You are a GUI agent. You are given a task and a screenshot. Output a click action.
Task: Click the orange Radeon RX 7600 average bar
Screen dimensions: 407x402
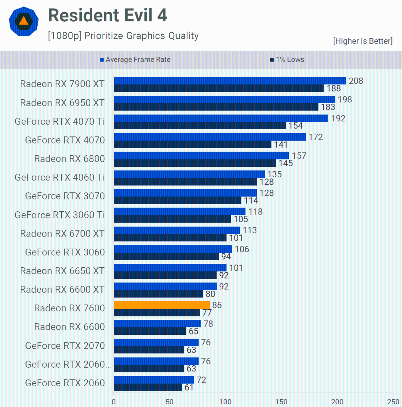(x=162, y=305)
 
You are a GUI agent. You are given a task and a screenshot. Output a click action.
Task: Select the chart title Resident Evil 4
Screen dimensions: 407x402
(x=108, y=15)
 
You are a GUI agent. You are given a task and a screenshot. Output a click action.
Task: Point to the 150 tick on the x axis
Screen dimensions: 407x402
(x=281, y=402)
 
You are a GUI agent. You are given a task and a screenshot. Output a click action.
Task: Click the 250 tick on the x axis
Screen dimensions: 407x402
(x=393, y=402)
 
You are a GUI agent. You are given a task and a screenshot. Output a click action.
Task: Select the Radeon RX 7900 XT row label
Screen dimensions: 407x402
(x=62, y=84)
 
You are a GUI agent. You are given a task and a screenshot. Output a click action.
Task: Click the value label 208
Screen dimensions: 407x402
(x=356, y=81)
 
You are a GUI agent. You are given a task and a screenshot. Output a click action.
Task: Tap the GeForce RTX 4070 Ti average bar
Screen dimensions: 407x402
(x=221, y=118)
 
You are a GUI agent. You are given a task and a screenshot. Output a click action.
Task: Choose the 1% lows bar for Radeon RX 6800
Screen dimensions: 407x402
(x=195, y=163)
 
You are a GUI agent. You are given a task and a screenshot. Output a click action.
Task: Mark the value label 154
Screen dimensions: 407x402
(x=295, y=126)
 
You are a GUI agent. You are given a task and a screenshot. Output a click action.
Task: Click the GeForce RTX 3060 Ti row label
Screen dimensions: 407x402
(x=60, y=215)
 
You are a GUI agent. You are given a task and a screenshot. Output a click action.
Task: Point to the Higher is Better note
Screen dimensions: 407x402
(x=363, y=41)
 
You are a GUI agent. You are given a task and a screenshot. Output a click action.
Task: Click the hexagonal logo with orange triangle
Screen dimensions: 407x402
(x=23, y=21)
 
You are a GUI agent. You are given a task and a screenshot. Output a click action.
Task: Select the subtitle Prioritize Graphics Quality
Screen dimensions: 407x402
(x=123, y=36)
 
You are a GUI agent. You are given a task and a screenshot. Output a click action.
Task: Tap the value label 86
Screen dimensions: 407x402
(x=217, y=305)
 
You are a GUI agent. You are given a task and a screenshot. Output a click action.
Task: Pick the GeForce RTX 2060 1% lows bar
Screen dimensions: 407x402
(x=148, y=387)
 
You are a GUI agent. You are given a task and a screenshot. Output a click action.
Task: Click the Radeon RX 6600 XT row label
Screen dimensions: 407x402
(x=62, y=290)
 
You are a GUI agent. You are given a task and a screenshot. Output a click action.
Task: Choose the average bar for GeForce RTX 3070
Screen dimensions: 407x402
(x=185, y=193)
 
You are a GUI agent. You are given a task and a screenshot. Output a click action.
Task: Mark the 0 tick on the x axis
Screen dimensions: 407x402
(x=114, y=402)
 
